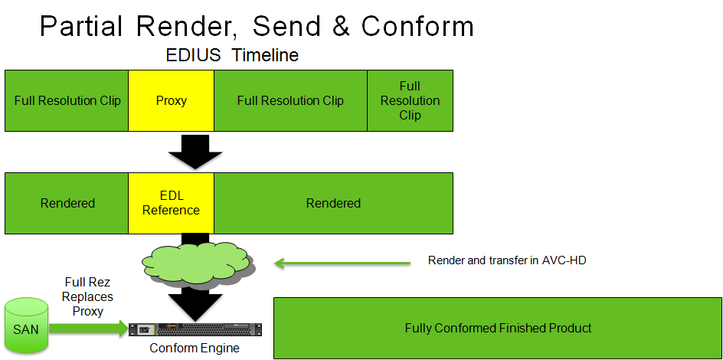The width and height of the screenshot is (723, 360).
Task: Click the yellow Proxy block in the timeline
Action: (171, 100)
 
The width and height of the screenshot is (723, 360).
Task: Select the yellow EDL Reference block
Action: (171, 203)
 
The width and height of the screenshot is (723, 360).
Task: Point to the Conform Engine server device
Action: (195, 330)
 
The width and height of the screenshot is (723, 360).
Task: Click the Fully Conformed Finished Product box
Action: (498, 329)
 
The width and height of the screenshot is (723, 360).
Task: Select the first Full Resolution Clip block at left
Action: (67, 100)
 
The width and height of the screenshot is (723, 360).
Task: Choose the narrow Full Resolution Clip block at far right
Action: (410, 100)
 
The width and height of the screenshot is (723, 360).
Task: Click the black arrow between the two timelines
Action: (195, 151)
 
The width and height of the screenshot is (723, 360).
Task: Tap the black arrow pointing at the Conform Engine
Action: (195, 299)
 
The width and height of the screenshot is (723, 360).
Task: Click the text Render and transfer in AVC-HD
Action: (507, 261)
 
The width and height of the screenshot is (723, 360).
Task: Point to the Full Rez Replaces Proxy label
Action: (87, 296)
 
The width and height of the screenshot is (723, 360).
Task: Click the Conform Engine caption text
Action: (195, 349)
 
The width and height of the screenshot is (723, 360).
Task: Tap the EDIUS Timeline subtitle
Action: (232, 56)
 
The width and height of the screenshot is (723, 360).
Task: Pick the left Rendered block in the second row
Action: (67, 203)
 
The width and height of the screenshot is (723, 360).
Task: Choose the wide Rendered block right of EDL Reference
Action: (333, 203)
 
